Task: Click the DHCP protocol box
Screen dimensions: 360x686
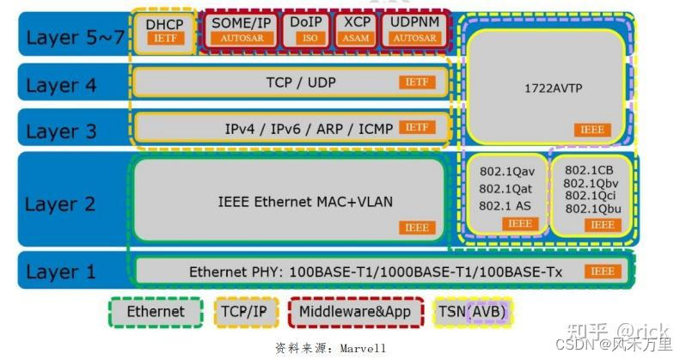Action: tap(165, 31)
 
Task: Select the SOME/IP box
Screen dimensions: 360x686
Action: tap(242, 30)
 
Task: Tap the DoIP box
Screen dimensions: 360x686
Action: tap(306, 30)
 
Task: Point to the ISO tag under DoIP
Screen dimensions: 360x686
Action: tap(306, 39)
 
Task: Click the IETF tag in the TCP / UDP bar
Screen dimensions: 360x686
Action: tap(417, 82)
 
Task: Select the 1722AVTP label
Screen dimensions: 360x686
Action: tap(547, 88)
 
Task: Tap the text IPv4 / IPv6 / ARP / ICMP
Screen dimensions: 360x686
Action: tap(309, 129)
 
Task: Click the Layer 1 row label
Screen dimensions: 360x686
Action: tap(61, 272)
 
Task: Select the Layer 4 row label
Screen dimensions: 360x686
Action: tap(61, 85)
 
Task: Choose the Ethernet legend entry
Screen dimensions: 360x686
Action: tap(156, 312)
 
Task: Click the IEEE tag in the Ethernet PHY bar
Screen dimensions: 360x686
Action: tap(603, 272)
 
